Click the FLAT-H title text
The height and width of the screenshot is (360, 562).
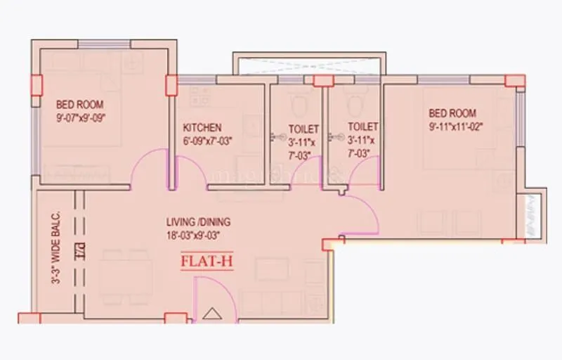pos(207,262)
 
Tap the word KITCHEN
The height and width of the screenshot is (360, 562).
pos(202,128)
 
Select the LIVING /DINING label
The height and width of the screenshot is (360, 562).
pos(198,221)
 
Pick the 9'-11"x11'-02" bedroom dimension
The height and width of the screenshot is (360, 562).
pos(457,127)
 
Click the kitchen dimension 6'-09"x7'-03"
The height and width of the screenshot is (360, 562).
pos(207,141)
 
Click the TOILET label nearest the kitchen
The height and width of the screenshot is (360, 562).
pos(303,129)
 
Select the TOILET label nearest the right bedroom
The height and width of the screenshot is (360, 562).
pos(363,127)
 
